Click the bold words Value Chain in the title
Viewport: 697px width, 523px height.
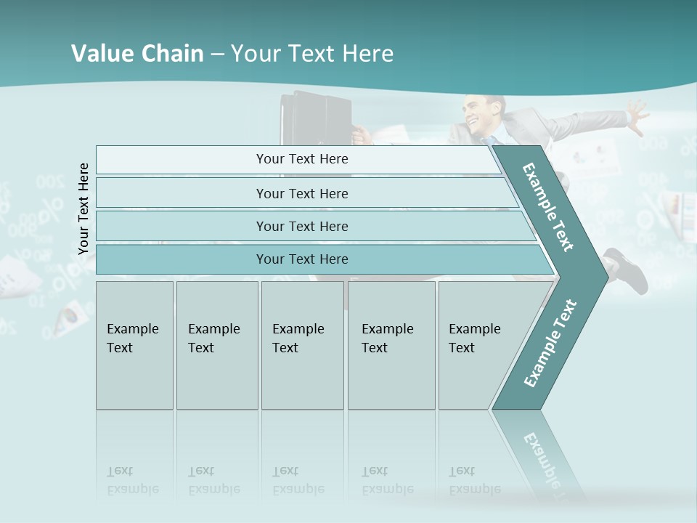137,54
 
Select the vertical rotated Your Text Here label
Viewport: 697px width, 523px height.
83,208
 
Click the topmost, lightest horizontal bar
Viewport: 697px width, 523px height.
302,159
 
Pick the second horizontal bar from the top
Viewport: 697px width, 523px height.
302,193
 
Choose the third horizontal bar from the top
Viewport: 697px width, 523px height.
302,226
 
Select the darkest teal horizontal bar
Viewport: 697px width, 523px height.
302,259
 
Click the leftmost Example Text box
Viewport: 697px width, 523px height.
134,344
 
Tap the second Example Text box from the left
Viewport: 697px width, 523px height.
217,344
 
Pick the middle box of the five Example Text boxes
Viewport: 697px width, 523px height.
302,344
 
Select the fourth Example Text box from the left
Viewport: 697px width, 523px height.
391,344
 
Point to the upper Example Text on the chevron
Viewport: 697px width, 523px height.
548,207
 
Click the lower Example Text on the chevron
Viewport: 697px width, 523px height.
550,343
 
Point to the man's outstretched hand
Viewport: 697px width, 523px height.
637,116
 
